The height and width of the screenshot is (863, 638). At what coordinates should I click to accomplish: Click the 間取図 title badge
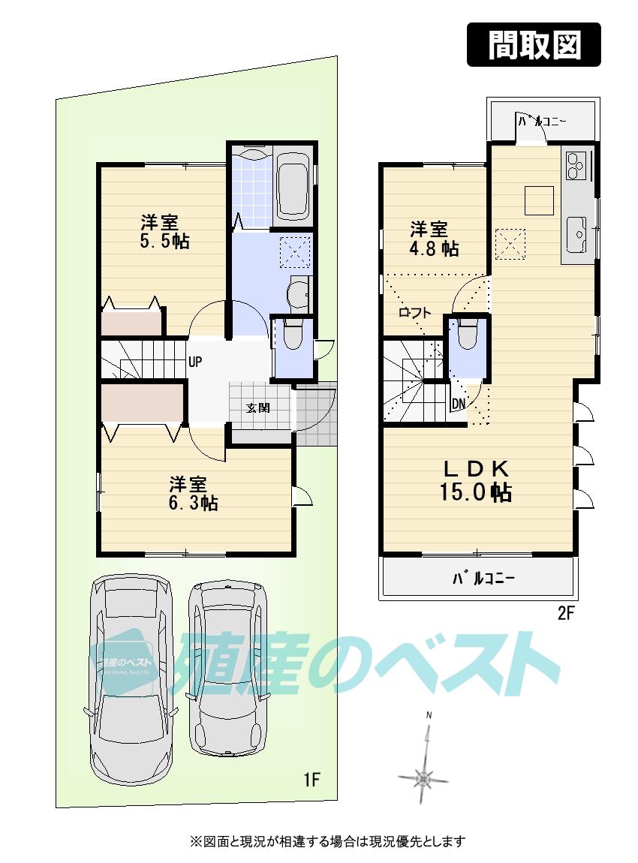534,45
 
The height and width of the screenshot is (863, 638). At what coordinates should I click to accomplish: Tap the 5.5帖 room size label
164,232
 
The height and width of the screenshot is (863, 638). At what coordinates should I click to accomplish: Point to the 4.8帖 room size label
433,238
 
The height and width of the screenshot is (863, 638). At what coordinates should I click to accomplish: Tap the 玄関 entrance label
257,408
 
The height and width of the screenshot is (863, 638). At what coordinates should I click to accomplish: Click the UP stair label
195,362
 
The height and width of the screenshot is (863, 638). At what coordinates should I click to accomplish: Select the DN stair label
458,404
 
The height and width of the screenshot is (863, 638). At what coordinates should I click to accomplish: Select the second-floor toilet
467,335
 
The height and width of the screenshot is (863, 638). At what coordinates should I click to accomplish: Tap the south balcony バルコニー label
483,579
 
